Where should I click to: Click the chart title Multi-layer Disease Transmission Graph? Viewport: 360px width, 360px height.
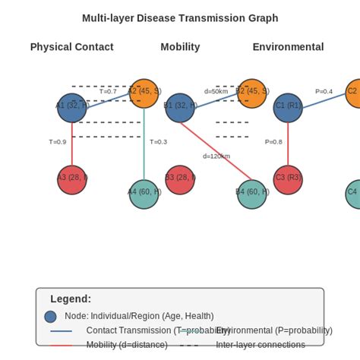click(180, 18)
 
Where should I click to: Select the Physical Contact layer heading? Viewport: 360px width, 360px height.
click(71, 47)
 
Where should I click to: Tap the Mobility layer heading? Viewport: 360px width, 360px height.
click(180, 47)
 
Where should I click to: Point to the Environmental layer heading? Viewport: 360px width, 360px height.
click(288, 47)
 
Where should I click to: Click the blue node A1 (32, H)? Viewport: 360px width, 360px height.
click(71, 108)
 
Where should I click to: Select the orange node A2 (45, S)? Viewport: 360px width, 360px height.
click(144, 93)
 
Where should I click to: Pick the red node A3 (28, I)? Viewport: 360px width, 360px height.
click(71, 180)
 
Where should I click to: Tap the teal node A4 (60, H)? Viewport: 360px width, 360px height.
click(144, 194)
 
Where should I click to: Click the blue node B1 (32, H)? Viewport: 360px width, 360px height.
click(180, 108)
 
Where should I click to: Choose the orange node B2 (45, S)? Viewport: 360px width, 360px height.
click(251, 93)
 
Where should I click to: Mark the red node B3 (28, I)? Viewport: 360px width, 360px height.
click(180, 180)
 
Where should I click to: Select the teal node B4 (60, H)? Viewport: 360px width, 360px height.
click(251, 194)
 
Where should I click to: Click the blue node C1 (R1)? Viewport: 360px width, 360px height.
click(288, 108)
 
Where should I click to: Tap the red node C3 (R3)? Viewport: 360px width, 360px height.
click(288, 180)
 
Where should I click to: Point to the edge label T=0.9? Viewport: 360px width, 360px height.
click(57, 142)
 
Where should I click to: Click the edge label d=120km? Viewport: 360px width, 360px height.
click(216, 156)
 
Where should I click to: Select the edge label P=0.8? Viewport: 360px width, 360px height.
click(273, 142)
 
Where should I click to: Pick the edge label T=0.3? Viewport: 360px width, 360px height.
click(158, 142)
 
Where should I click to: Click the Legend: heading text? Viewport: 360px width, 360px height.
click(71, 299)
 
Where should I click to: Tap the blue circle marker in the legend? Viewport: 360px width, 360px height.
click(50, 317)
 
